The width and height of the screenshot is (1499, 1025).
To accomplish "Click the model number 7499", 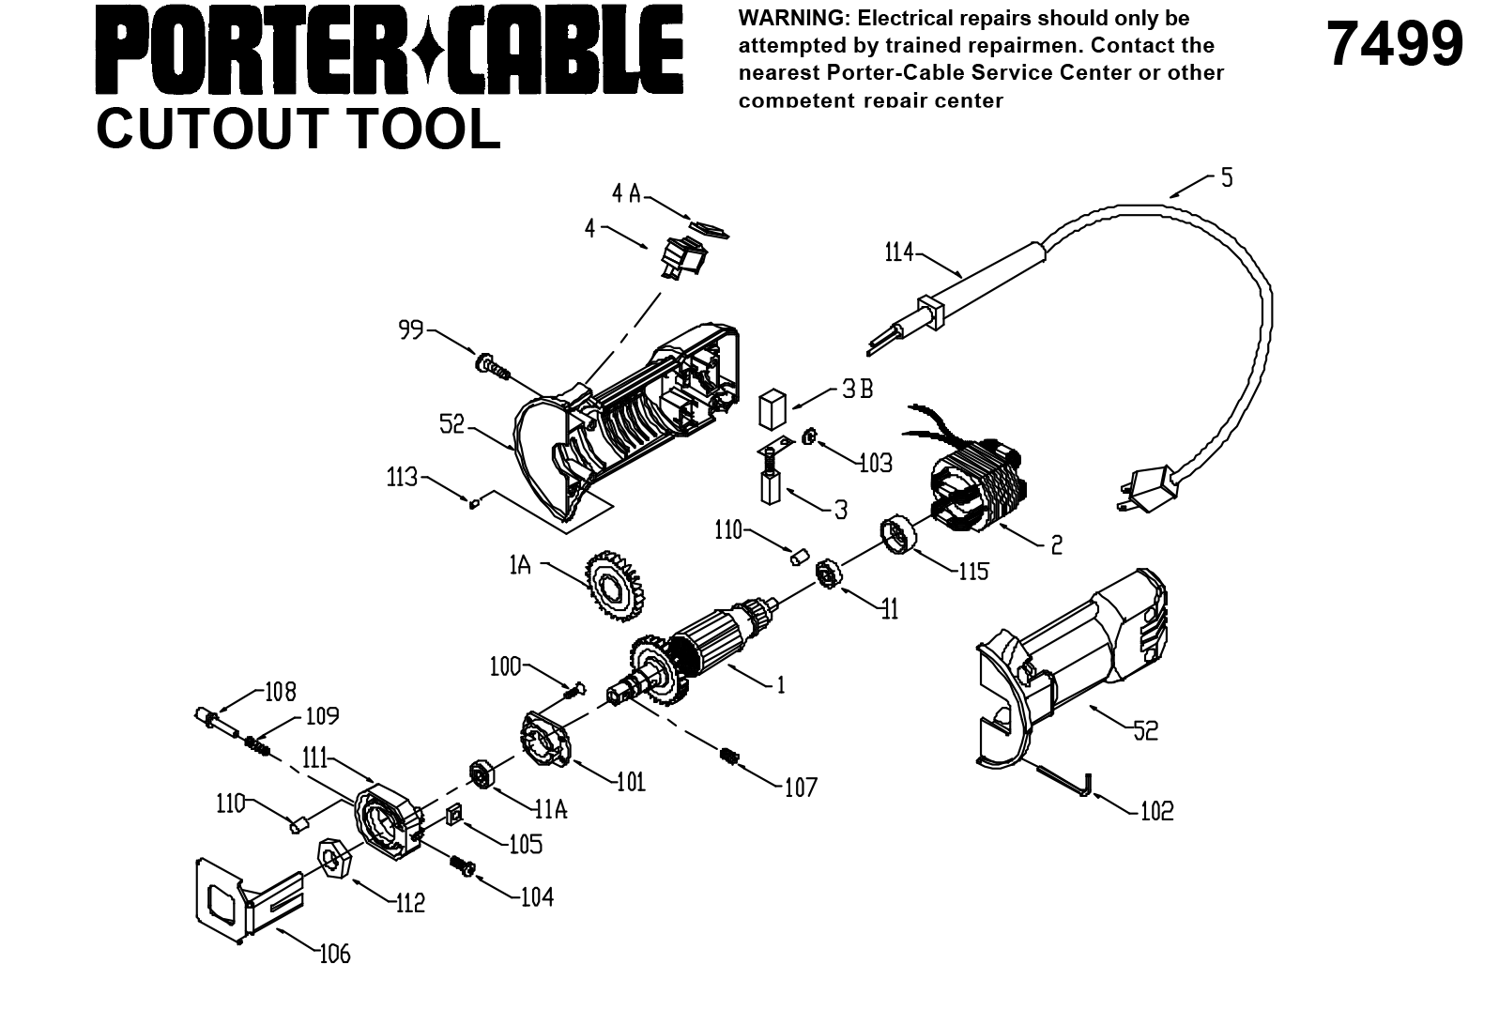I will coord(1395,45).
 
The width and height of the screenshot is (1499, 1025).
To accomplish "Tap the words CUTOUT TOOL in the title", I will coord(298,129).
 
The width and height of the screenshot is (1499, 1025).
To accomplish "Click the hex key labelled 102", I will coord(1064,781).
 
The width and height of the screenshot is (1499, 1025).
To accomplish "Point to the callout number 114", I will coord(899,252).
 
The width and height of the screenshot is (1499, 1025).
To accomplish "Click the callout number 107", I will coord(801,787).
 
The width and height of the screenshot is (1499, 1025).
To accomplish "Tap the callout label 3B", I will coord(856,389).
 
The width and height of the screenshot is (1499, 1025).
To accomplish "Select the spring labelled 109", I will coord(257,747).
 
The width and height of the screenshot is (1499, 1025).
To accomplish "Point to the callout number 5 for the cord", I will coord(1227,176).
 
